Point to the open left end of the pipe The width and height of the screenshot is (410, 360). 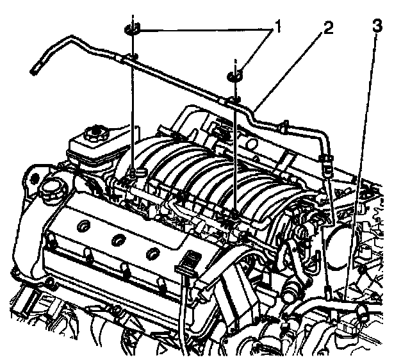34,69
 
